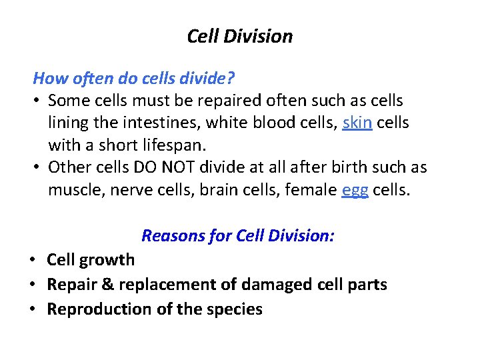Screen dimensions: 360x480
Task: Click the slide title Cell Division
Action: [x=240, y=36]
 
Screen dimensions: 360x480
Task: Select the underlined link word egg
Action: [x=355, y=190]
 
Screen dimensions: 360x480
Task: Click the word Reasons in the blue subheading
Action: [x=174, y=235]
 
